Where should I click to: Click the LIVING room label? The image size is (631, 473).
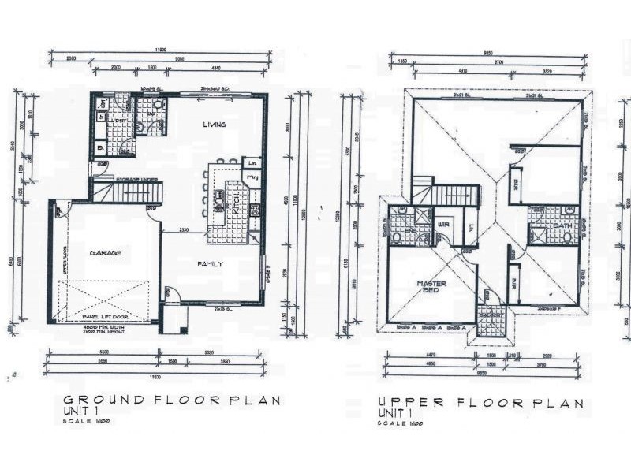tap(214, 125)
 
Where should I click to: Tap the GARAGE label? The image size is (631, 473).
tap(105, 253)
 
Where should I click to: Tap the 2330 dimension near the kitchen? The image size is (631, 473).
tap(184, 230)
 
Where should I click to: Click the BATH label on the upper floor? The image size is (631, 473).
tap(562, 225)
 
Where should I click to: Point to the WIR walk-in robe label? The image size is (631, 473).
tap(443, 225)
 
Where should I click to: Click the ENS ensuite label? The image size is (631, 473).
tap(411, 231)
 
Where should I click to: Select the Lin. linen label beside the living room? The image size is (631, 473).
tap(252, 163)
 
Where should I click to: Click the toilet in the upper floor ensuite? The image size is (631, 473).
tap(398, 237)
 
